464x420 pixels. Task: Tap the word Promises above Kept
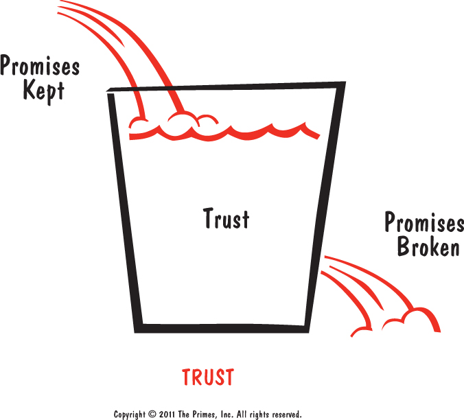[40, 65]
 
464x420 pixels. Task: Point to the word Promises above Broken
[424, 222]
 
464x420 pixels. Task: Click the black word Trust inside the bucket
[227, 218]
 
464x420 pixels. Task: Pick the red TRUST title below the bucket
[208, 377]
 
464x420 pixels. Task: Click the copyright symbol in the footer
[152, 414]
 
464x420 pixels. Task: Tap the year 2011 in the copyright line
[167, 414]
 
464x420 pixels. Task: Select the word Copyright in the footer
[130, 415]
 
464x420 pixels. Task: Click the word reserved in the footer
[287, 414]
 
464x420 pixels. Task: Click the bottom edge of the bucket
[222, 328]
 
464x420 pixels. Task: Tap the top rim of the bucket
[226, 86]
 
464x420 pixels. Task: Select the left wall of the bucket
[125, 212]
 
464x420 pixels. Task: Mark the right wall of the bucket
[325, 207]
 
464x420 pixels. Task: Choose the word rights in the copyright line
[260, 415]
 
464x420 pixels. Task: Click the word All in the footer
[242, 414]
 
